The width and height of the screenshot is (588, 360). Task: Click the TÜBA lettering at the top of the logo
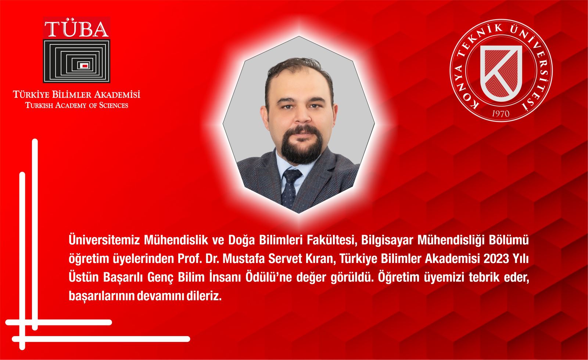click(77, 29)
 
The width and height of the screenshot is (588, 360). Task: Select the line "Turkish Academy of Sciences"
click(77, 105)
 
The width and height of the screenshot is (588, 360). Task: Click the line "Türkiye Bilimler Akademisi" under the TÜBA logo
click(77, 94)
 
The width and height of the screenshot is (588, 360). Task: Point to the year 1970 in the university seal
click(500, 114)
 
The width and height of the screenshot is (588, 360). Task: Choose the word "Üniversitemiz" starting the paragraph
click(104, 240)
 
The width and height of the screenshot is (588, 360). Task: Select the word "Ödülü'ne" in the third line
click(268, 277)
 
